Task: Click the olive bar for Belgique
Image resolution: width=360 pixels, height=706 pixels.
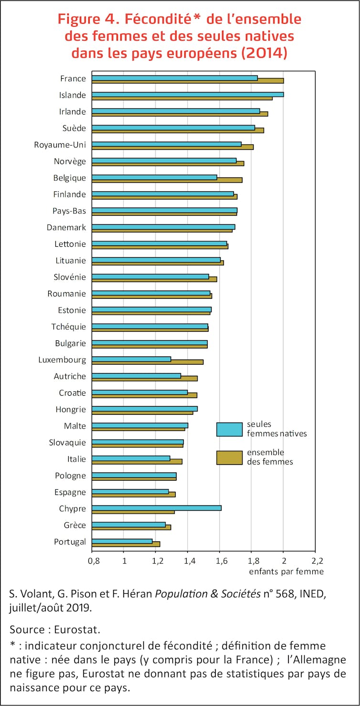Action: point(167,180)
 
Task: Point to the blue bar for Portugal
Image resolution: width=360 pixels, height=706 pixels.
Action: point(122,541)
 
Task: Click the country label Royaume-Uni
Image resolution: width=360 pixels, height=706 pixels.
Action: point(60,145)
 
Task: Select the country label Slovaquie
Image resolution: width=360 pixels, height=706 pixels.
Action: point(68,443)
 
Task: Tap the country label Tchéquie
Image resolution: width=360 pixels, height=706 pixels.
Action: point(69,327)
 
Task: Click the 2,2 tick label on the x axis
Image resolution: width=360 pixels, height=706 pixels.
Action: point(316,560)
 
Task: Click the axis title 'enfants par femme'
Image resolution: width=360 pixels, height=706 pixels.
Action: point(286,571)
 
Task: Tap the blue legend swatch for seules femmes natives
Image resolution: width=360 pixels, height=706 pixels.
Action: point(229,429)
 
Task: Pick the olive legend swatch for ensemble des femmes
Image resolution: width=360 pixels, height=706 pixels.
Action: point(229,457)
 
